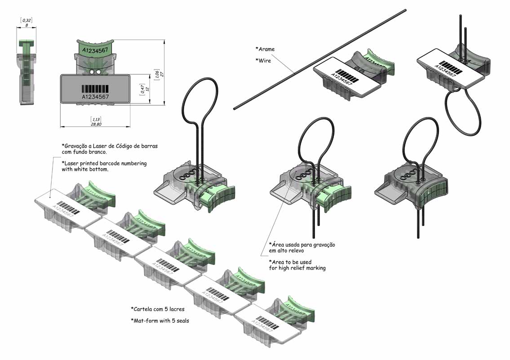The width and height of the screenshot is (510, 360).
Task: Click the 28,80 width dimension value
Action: click(x=95, y=124)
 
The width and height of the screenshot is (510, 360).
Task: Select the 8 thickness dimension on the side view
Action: click(x=27, y=25)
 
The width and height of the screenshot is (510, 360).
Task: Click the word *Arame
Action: click(x=265, y=49)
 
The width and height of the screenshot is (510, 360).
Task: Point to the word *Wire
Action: click(x=263, y=60)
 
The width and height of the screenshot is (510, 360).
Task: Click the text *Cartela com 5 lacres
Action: click(x=158, y=309)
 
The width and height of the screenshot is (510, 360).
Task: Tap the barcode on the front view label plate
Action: click(x=95, y=88)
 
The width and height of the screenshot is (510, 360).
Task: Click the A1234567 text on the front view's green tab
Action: click(x=94, y=50)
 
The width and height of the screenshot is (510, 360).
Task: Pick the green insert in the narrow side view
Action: click(x=27, y=63)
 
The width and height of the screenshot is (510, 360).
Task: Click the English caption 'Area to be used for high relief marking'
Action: click(x=297, y=265)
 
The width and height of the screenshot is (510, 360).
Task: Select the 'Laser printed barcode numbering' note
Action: click(x=104, y=166)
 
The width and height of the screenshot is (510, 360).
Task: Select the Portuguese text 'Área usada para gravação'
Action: click(x=302, y=247)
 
